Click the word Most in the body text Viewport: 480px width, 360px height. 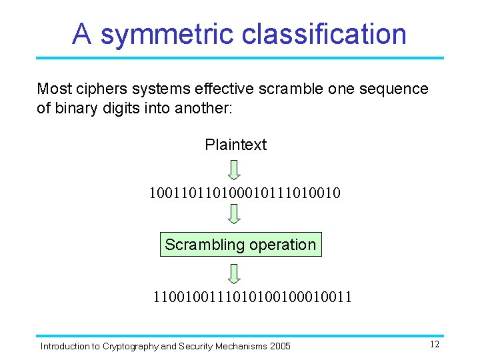(52, 89)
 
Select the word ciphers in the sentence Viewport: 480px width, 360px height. (96, 89)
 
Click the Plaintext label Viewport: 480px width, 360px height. (235, 145)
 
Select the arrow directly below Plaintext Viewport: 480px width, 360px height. (233, 169)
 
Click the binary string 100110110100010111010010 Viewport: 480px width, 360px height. (245, 194)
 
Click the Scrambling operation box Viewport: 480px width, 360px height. (240, 245)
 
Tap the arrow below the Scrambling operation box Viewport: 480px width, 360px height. (233, 274)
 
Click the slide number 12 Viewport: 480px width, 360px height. (434, 345)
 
